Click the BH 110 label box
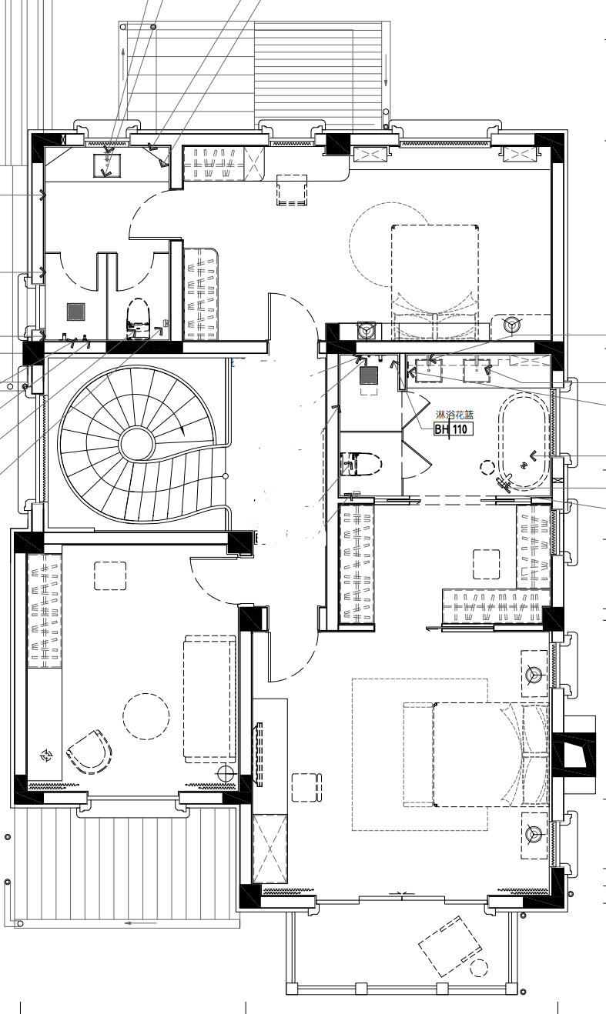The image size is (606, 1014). point(454,429)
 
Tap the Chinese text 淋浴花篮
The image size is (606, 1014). point(455,415)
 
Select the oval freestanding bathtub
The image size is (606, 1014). point(524,441)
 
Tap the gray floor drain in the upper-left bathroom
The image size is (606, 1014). point(75,312)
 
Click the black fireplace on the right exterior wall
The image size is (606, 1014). point(574,754)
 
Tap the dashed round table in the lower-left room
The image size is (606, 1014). point(146,716)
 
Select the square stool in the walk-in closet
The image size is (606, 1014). point(487,564)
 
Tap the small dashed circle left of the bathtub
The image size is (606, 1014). point(487,467)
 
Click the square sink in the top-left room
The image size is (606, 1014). point(107,165)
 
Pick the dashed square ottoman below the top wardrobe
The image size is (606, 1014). point(292,190)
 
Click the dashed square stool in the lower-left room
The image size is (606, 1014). point(110,575)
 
